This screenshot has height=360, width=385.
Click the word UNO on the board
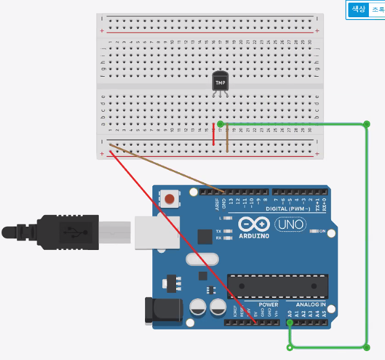pyautogui.click(x=287, y=224)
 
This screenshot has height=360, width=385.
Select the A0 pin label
pyautogui.click(x=289, y=314)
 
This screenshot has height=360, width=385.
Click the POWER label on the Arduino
pyautogui.click(x=268, y=305)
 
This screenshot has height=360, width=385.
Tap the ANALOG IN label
pyautogui.click(x=311, y=305)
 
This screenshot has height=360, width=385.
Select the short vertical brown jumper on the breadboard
pyautogui.click(x=227, y=138)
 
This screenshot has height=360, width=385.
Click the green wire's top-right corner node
pyautogui.click(x=367, y=124)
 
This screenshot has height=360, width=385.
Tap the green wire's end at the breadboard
pyautogui.click(x=221, y=123)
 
